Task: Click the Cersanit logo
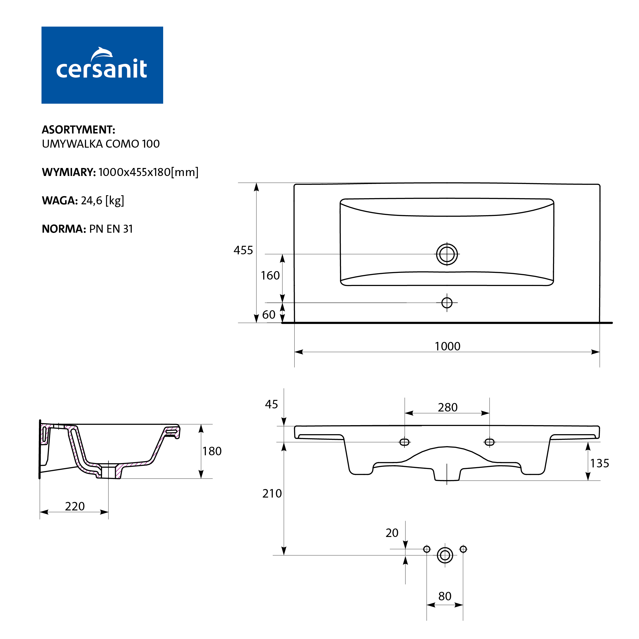click(x=102, y=65)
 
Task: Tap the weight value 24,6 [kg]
click(x=102, y=201)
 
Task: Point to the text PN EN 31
click(x=111, y=229)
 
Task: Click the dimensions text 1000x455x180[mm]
click(x=148, y=172)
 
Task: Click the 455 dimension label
click(x=243, y=250)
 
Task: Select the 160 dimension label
click(x=270, y=275)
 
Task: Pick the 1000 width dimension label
click(x=448, y=346)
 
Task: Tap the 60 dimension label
click(x=269, y=315)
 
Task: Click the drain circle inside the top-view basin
click(x=447, y=254)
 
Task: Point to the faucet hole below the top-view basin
click(x=447, y=302)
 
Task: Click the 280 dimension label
click(x=448, y=407)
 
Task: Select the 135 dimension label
click(x=600, y=463)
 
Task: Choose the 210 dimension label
click(x=272, y=493)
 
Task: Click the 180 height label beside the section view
click(x=212, y=451)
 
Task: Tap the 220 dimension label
click(x=75, y=506)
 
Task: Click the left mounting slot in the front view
click(x=405, y=442)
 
